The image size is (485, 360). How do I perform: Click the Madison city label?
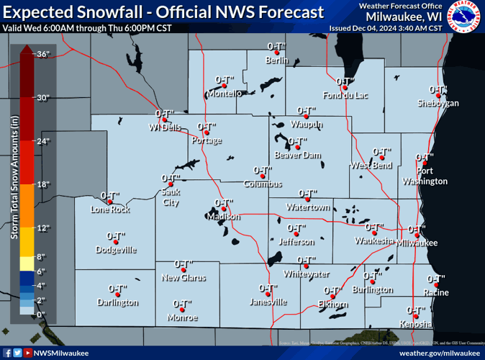[x=223, y=217]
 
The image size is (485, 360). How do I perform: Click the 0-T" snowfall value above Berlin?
[x=277, y=46]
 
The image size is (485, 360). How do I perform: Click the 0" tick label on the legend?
[x=42, y=315]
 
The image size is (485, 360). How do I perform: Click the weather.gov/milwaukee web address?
[x=438, y=353]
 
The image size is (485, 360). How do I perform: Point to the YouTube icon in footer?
[x=28, y=353]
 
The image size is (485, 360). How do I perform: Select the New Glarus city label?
[x=183, y=277]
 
